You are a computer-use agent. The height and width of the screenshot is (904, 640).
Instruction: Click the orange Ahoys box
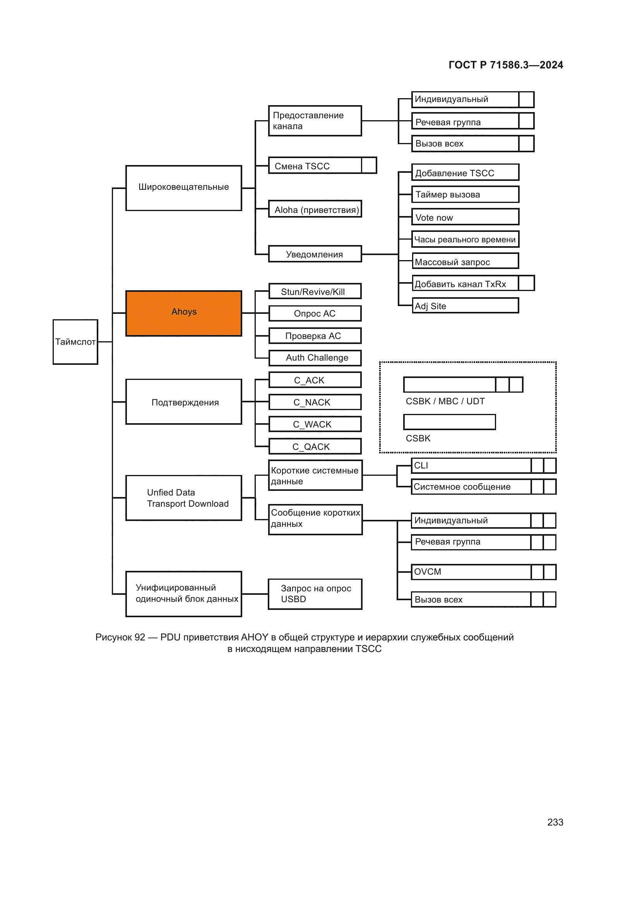tap(184, 313)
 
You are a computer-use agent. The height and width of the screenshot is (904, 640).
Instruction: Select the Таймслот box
tap(75, 342)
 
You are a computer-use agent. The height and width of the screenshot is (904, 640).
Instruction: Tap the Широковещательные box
tap(184, 188)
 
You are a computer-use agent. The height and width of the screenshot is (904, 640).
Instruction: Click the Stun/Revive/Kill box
tap(315, 291)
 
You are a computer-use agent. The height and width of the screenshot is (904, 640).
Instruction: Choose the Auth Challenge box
tap(315, 358)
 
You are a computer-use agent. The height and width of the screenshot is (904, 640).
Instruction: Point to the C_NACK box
tap(315, 402)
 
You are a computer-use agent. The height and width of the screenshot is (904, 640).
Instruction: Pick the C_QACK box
tap(315, 446)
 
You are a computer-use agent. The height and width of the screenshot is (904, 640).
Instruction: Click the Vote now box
tap(465, 217)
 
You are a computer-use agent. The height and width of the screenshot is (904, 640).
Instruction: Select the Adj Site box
tap(465, 306)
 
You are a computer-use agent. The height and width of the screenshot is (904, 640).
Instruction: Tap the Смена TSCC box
tap(315, 166)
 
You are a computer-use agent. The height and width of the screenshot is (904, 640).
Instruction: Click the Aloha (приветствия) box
tap(315, 209)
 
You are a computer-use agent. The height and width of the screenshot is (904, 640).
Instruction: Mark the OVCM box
tap(471, 572)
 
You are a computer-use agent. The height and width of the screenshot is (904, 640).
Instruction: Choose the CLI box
tap(471, 465)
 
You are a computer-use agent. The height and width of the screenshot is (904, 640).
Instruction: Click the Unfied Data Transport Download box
tap(184, 498)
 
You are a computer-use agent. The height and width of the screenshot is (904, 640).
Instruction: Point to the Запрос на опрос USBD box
tap(315, 594)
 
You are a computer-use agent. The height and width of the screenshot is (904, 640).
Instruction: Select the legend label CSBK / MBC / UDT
tap(445, 401)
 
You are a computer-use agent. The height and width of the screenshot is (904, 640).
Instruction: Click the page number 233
tap(555, 822)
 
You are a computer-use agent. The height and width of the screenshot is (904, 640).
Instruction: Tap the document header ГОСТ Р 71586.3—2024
tap(506, 65)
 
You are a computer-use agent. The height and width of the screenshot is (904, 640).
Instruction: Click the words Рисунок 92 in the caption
tap(120, 637)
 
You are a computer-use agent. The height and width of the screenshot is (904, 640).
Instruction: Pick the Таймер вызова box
tap(465, 194)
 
